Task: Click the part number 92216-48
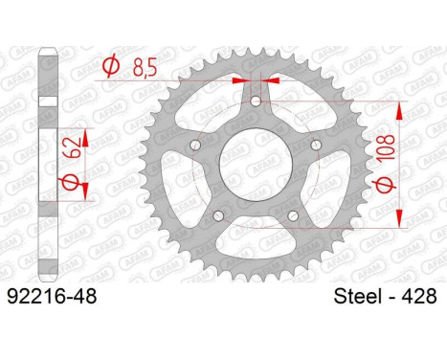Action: pos(52,297)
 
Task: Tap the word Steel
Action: pos(357,297)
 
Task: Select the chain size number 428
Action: pos(418,297)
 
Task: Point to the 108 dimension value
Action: pos(386,147)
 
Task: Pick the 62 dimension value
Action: pos(72,147)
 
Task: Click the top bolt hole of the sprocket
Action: pos(256,101)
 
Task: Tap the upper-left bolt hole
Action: pos(195,146)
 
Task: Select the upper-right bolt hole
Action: pos(316,146)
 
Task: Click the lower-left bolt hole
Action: pos(218,216)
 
